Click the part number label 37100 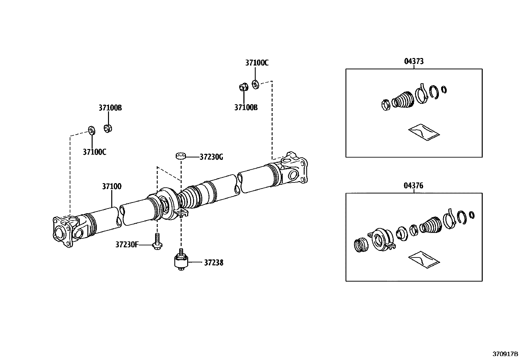(x=112, y=186)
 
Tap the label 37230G (x=211, y=157)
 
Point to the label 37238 (x=214, y=263)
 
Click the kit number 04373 (x=414, y=61)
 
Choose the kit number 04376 (x=414, y=186)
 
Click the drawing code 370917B (x=506, y=354)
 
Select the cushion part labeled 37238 (x=180, y=262)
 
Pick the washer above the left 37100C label (x=91, y=130)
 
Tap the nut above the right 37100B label (x=243, y=87)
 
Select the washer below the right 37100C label (x=256, y=84)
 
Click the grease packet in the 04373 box (x=423, y=132)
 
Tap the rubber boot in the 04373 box (x=404, y=99)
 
